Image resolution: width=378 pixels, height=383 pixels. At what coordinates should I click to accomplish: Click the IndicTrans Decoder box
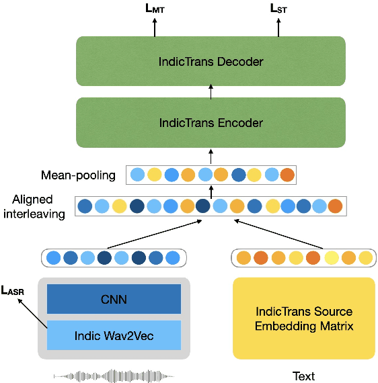[x=211, y=62]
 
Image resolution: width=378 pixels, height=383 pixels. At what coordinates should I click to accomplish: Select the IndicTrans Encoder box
[x=211, y=122]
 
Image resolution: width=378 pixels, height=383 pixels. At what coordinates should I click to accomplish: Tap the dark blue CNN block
[x=114, y=299]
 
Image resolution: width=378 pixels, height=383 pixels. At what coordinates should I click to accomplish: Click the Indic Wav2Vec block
[x=114, y=335]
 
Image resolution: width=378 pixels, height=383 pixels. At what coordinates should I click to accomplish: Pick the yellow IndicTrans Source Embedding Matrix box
[x=303, y=318]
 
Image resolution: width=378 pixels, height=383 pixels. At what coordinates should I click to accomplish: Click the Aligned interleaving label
[x=39, y=206]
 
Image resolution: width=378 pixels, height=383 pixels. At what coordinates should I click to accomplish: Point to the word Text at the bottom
[x=303, y=376]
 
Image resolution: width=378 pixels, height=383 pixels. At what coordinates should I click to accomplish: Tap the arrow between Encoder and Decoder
[x=211, y=92]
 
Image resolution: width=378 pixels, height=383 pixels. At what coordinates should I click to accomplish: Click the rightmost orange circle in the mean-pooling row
[x=287, y=175]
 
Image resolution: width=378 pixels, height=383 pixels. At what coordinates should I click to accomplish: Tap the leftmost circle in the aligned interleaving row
[x=85, y=206]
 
